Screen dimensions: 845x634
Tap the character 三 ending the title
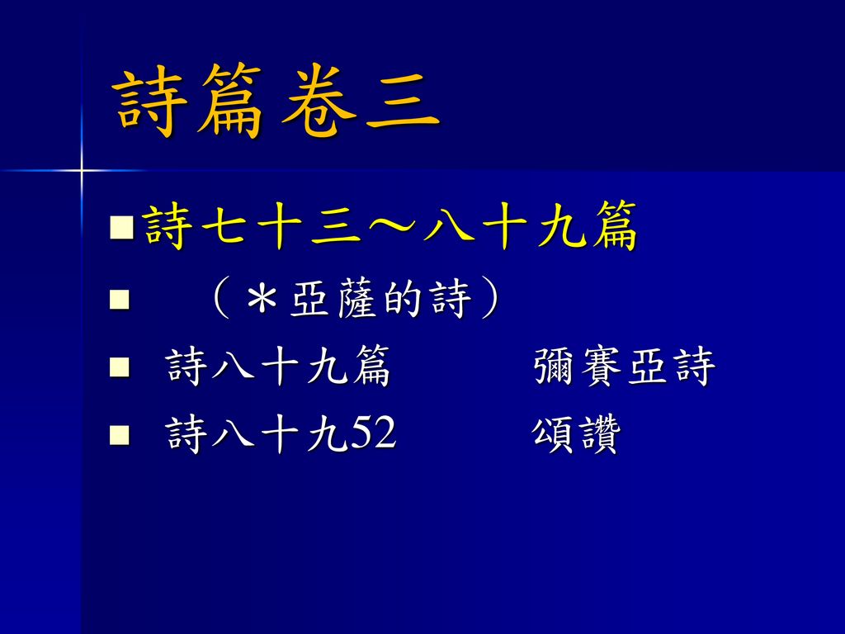pos(403,102)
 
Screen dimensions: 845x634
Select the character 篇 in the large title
pos(229,101)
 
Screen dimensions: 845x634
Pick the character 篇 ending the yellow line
pos(613,225)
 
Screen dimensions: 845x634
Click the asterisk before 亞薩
pos(262,299)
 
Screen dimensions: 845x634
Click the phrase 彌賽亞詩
pos(624,367)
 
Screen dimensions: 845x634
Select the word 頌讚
pos(576,434)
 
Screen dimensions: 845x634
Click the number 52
pos(373,433)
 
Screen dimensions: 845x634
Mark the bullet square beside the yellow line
pos(121,228)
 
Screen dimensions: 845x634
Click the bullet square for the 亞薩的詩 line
pos(119,300)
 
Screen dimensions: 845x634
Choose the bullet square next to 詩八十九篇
pos(119,367)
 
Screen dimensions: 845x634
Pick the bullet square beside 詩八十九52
pos(119,434)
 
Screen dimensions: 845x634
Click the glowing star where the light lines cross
pos(82,171)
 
